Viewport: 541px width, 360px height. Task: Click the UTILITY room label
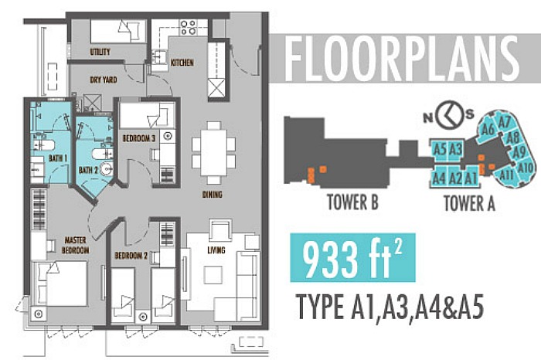[x=100, y=52]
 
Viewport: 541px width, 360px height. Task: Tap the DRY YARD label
[x=103, y=80]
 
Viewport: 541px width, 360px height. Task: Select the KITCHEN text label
[x=182, y=63]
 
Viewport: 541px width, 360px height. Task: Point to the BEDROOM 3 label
[x=138, y=138]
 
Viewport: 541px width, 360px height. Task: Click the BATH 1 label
[x=58, y=158]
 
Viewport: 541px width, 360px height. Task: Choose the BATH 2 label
[x=88, y=170]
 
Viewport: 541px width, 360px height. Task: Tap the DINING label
[x=213, y=195]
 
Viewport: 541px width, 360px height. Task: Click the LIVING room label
[x=216, y=250]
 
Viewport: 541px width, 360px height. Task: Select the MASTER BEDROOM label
[x=75, y=245]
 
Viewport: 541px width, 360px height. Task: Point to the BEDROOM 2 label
[x=131, y=256]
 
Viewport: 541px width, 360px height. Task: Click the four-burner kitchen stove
[x=189, y=28]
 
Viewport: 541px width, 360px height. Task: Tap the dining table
[x=213, y=152]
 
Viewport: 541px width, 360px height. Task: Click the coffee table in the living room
[x=213, y=275]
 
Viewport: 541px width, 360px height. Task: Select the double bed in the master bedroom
[x=60, y=283]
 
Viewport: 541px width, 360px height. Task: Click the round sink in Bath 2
[x=107, y=169]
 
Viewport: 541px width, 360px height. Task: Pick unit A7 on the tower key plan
[x=504, y=121]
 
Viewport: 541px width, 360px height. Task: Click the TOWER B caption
[x=352, y=202]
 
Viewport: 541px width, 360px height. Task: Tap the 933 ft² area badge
[x=352, y=258]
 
